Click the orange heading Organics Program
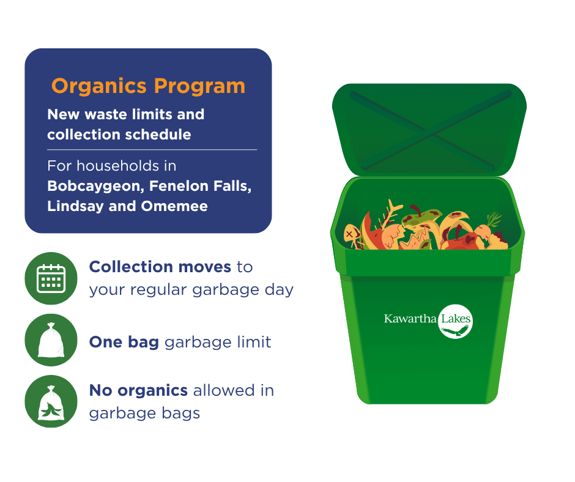(x=148, y=86)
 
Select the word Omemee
(x=174, y=206)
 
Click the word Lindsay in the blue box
(x=75, y=206)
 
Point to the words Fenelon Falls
(x=200, y=186)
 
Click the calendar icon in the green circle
(x=51, y=278)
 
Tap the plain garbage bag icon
(x=51, y=340)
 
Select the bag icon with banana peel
(x=51, y=402)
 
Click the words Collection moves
(x=160, y=267)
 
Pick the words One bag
(x=124, y=343)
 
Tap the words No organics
(x=138, y=390)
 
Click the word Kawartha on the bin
(x=410, y=319)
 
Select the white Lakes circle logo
(x=455, y=321)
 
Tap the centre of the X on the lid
(x=430, y=131)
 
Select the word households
(x=117, y=166)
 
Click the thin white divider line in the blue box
(x=152, y=150)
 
